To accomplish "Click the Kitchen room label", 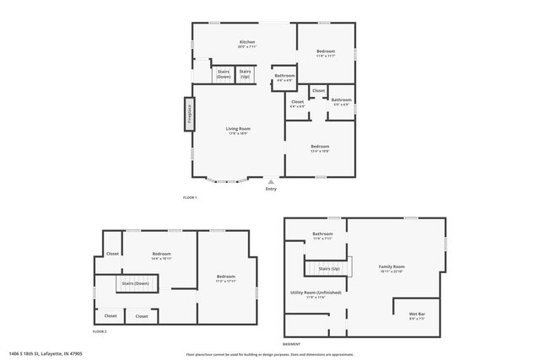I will click(x=247, y=44).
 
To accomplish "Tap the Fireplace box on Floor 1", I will click(x=189, y=114).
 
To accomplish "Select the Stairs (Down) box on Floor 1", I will click(x=224, y=74).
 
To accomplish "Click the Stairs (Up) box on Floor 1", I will click(x=245, y=74).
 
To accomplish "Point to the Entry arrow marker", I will click(x=271, y=181).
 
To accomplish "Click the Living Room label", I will click(x=238, y=131).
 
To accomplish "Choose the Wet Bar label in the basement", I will click(x=417, y=315).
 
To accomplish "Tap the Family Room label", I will click(x=391, y=268).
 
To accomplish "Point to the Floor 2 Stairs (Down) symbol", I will click(x=134, y=284).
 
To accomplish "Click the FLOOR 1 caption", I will click(x=190, y=197).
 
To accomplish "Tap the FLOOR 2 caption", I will click(x=100, y=331).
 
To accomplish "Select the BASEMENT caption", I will click(x=291, y=344).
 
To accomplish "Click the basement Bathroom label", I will click(x=323, y=235).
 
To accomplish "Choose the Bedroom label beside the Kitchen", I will click(x=326, y=53).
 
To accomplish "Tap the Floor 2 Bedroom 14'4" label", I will click(x=161, y=255).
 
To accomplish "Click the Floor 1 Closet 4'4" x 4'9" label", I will click(x=298, y=104).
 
